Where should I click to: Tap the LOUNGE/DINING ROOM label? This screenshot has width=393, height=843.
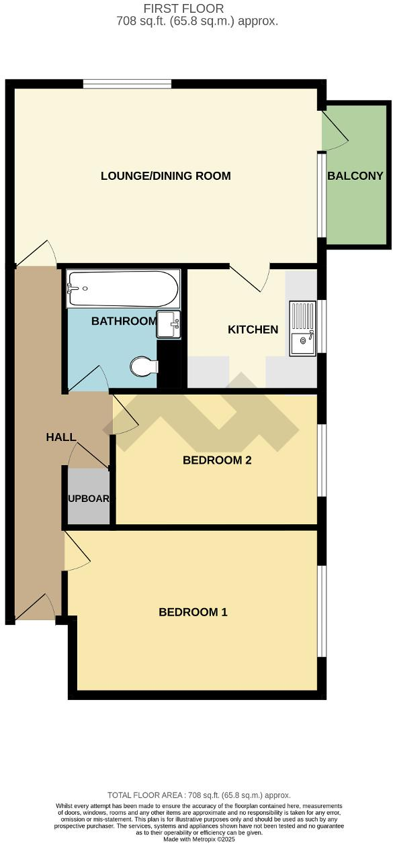[x=165, y=177]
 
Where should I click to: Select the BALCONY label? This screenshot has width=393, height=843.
[x=355, y=177]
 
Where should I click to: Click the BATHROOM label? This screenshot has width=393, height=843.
[x=124, y=321]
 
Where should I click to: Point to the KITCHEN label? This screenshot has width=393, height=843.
[x=253, y=330]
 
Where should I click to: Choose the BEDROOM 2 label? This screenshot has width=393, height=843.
[x=216, y=460]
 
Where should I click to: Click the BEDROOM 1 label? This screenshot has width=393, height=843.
[x=193, y=612]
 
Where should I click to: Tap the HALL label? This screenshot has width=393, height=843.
[x=60, y=438]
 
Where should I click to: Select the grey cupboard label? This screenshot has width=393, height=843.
[x=88, y=499]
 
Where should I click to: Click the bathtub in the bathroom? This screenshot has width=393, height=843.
[x=122, y=289]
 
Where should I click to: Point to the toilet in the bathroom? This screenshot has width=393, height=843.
[x=142, y=366]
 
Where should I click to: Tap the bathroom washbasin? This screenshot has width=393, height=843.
[x=168, y=325]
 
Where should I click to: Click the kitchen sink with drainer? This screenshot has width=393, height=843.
[x=302, y=328]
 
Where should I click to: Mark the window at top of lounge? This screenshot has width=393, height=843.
[x=127, y=84]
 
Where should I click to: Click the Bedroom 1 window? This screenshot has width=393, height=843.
[x=322, y=611]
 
